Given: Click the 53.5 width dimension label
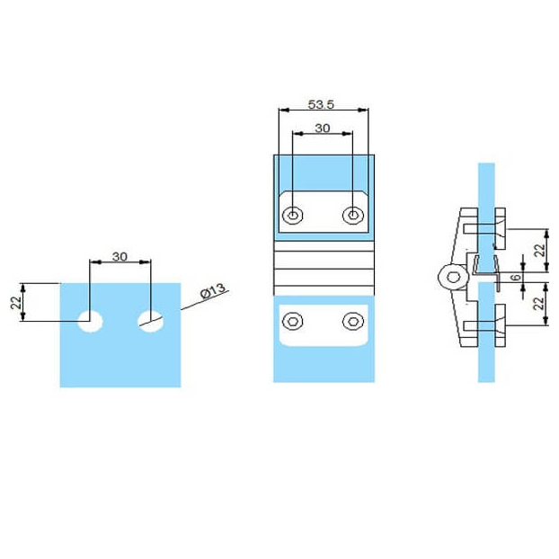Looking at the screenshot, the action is (321, 104).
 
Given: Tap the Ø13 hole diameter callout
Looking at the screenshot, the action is (213, 291).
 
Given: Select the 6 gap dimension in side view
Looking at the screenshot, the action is (516, 277).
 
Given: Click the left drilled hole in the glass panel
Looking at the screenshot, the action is (91, 321).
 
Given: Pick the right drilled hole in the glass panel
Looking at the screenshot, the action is (151, 321).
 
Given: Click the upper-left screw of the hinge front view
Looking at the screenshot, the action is (293, 216).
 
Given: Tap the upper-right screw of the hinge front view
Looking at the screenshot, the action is (353, 216).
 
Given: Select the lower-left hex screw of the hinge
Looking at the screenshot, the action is (293, 321).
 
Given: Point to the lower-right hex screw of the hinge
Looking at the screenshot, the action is (353, 321).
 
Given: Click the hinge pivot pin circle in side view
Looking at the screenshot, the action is (453, 278).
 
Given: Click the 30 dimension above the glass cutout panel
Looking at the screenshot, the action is (120, 256).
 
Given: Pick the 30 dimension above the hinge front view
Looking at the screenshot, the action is (323, 128).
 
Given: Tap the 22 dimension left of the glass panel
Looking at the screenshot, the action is (16, 303).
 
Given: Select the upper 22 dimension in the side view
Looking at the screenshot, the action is (540, 250).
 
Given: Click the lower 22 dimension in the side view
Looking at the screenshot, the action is (539, 304).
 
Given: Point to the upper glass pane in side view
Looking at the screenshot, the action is (486, 217).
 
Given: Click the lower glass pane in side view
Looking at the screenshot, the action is (486, 333).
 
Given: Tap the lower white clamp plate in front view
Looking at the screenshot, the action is (324, 325).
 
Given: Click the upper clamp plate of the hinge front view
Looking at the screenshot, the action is (324, 212).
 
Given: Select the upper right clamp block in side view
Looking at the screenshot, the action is (501, 228).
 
